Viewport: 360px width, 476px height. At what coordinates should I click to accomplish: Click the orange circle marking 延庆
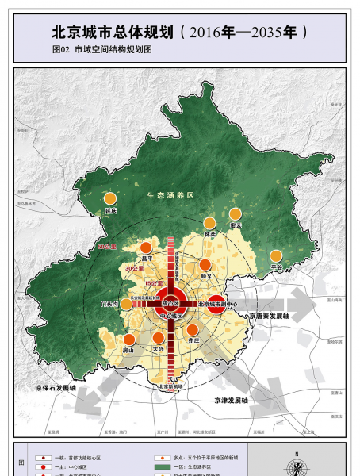111,199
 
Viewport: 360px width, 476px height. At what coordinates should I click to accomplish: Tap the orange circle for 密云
235,214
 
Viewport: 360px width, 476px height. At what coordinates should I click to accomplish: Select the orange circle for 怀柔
209,224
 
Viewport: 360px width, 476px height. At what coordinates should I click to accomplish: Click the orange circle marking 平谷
276,255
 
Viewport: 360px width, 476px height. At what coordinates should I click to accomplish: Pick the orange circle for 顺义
205,265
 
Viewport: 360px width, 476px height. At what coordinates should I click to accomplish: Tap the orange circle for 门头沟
126,303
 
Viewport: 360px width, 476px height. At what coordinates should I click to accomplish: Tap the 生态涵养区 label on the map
170,194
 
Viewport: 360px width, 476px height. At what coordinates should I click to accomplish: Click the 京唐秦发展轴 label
270,315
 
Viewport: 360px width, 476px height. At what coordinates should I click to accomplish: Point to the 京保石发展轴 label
55,388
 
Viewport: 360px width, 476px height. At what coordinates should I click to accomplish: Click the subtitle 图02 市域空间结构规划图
101,49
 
